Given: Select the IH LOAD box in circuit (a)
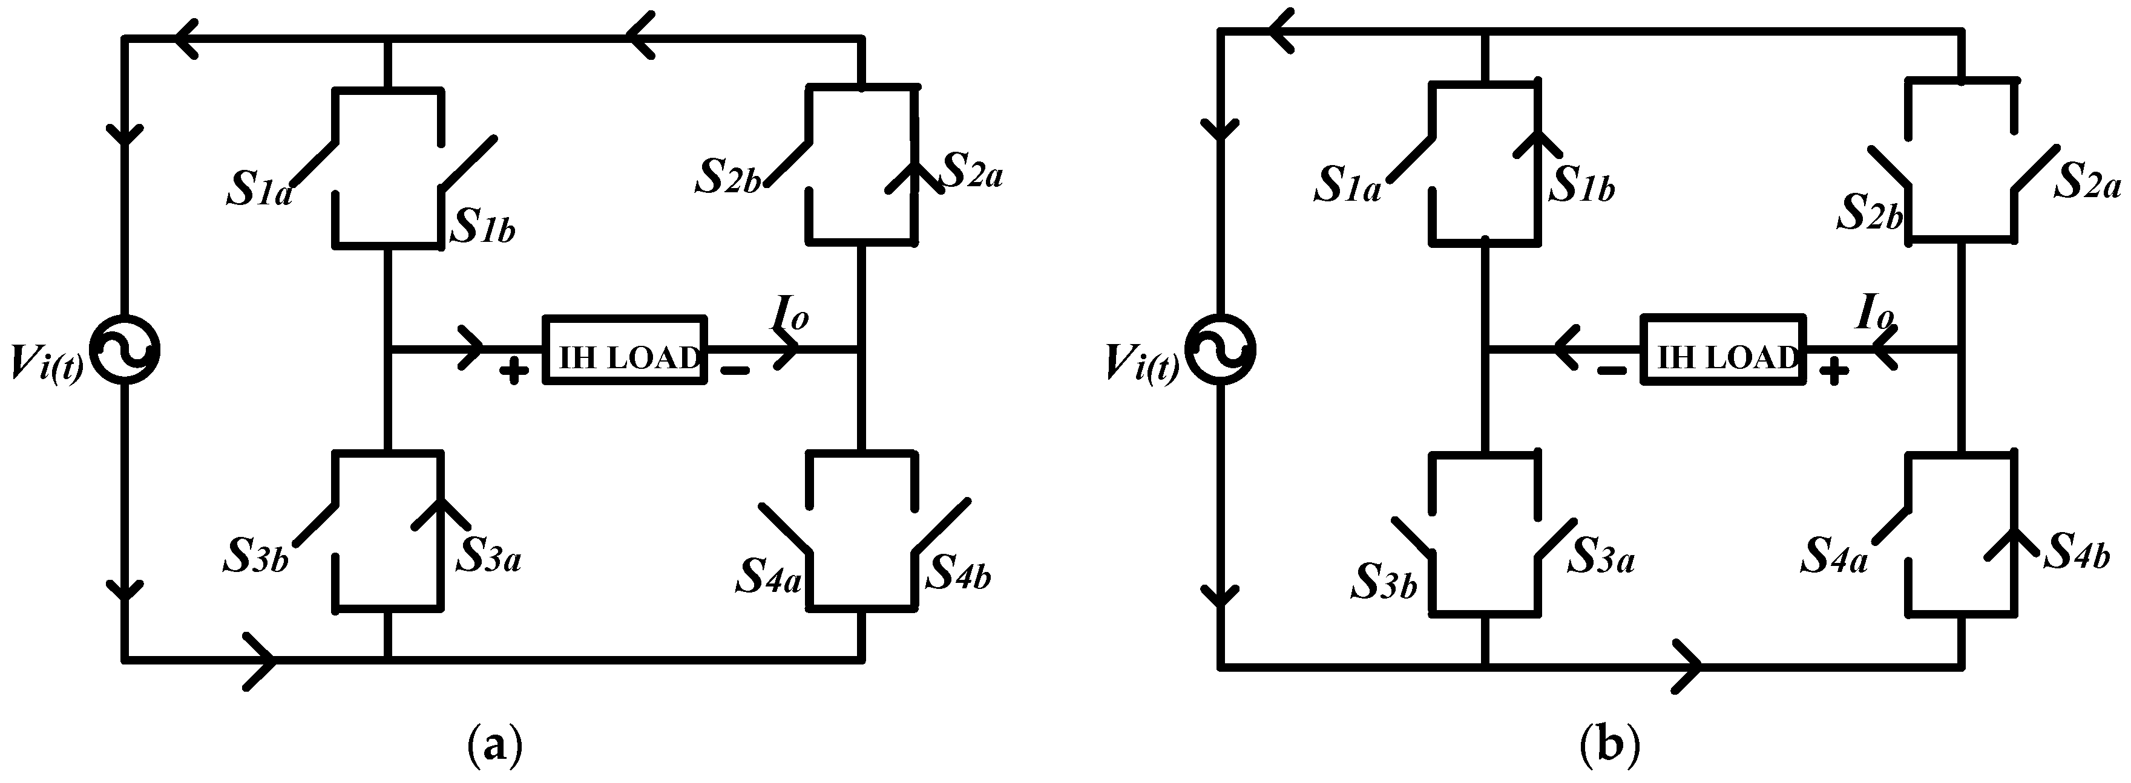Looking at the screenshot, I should (x=625, y=349).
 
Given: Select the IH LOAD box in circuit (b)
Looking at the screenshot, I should (x=1723, y=349).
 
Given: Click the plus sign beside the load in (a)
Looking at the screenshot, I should (x=514, y=371).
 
